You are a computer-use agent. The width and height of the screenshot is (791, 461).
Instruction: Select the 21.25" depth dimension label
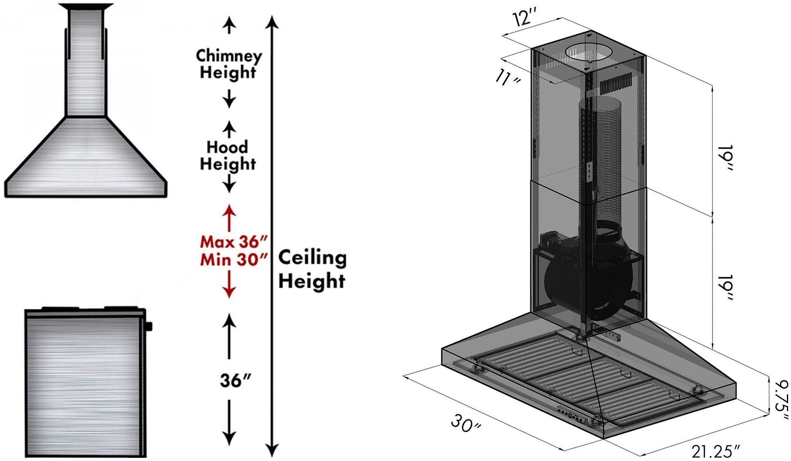click(x=716, y=451)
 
